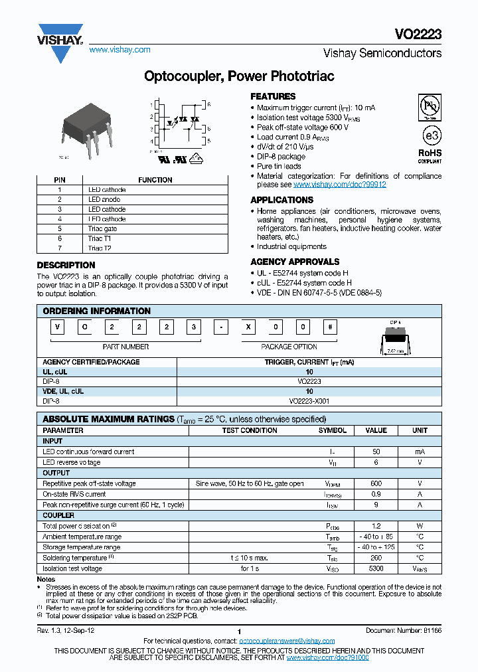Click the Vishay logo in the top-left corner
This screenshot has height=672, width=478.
click(x=60, y=41)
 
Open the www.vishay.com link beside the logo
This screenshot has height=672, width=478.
click(x=119, y=50)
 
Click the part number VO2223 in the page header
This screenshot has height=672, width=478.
click(x=422, y=35)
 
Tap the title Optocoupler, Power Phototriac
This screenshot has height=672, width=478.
click(x=239, y=76)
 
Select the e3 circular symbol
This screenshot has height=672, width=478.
click(x=432, y=135)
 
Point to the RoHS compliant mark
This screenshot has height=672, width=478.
click(x=430, y=155)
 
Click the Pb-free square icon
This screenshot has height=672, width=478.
click(x=431, y=107)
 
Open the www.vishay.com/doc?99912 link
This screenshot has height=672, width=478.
click(x=339, y=185)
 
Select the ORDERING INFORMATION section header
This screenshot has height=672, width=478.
click(x=97, y=311)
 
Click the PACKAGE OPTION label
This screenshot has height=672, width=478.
click(x=289, y=347)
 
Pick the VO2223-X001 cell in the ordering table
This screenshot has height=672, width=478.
click(x=309, y=401)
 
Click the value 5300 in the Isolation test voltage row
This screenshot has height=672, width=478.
click(x=376, y=568)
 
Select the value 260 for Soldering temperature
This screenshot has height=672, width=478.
click(x=376, y=558)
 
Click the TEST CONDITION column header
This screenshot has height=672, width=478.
click(x=250, y=430)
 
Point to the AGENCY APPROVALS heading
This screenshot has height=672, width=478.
click(x=295, y=262)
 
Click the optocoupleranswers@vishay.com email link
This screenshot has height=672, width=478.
click(x=287, y=640)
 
